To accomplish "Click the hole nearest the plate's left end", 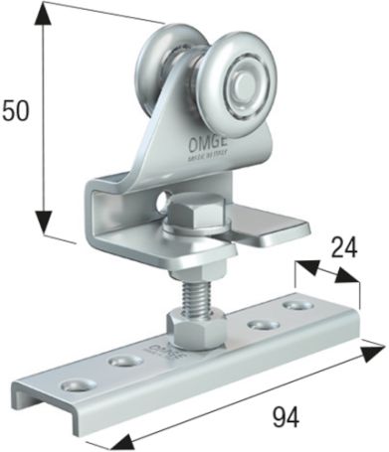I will [73, 382].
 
